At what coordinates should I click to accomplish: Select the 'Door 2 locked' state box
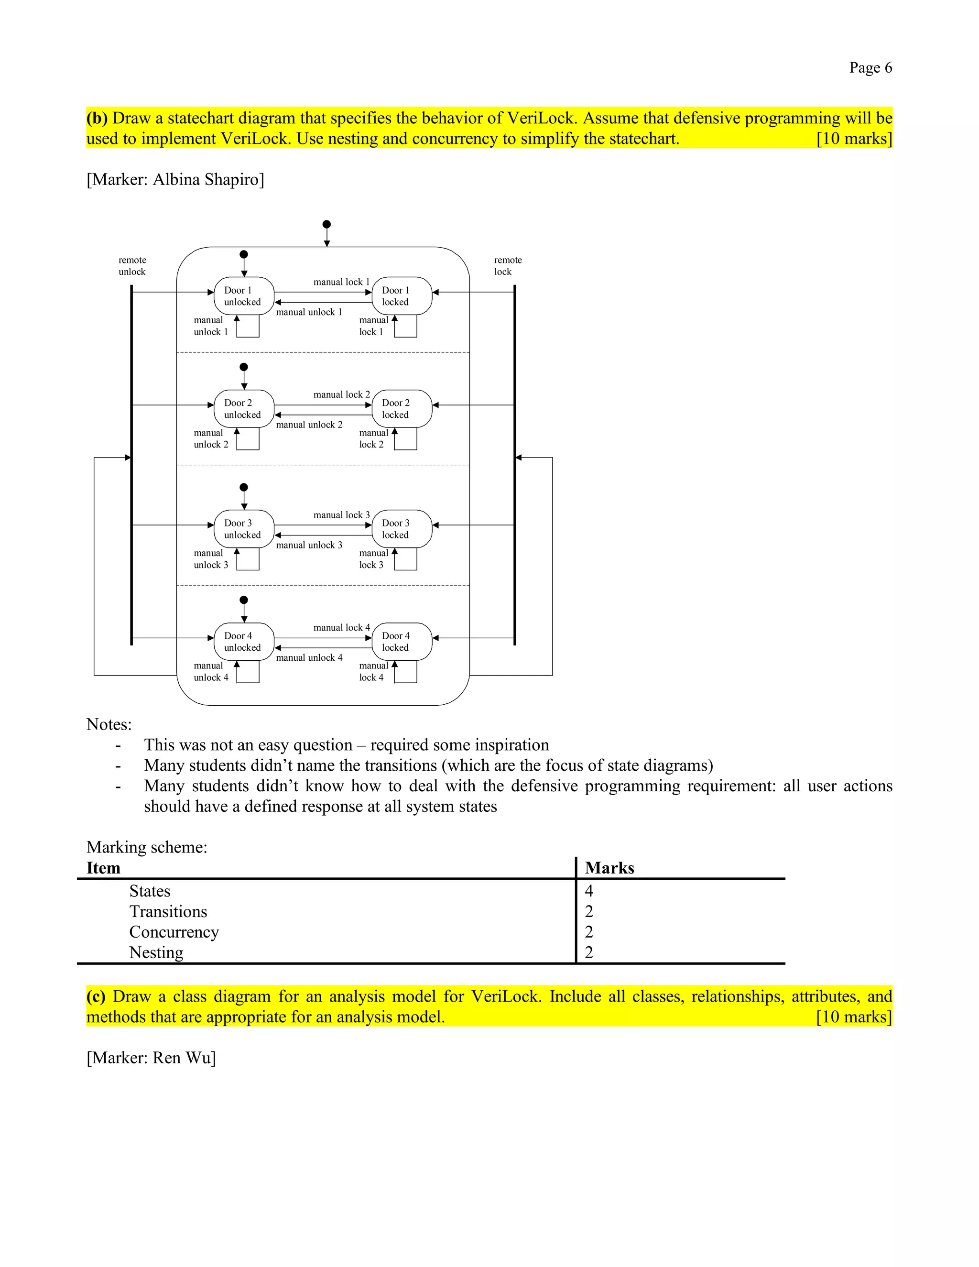tap(402, 408)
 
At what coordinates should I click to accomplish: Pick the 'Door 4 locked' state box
tap(402, 642)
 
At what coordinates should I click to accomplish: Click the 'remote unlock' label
tap(132, 266)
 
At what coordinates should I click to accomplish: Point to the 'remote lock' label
tap(508, 266)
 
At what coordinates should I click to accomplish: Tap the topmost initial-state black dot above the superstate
tap(326, 225)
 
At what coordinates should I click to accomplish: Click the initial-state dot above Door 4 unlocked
tap(244, 600)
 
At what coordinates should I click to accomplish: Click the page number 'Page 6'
tap(870, 68)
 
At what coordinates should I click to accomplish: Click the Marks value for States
tap(588, 891)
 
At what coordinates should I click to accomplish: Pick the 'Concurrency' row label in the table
tap(174, 932)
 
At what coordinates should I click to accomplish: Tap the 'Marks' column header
tap(609, 868)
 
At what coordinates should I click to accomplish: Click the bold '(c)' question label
tap(96, 997)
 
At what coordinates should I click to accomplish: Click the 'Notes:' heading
tap(109, 724)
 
